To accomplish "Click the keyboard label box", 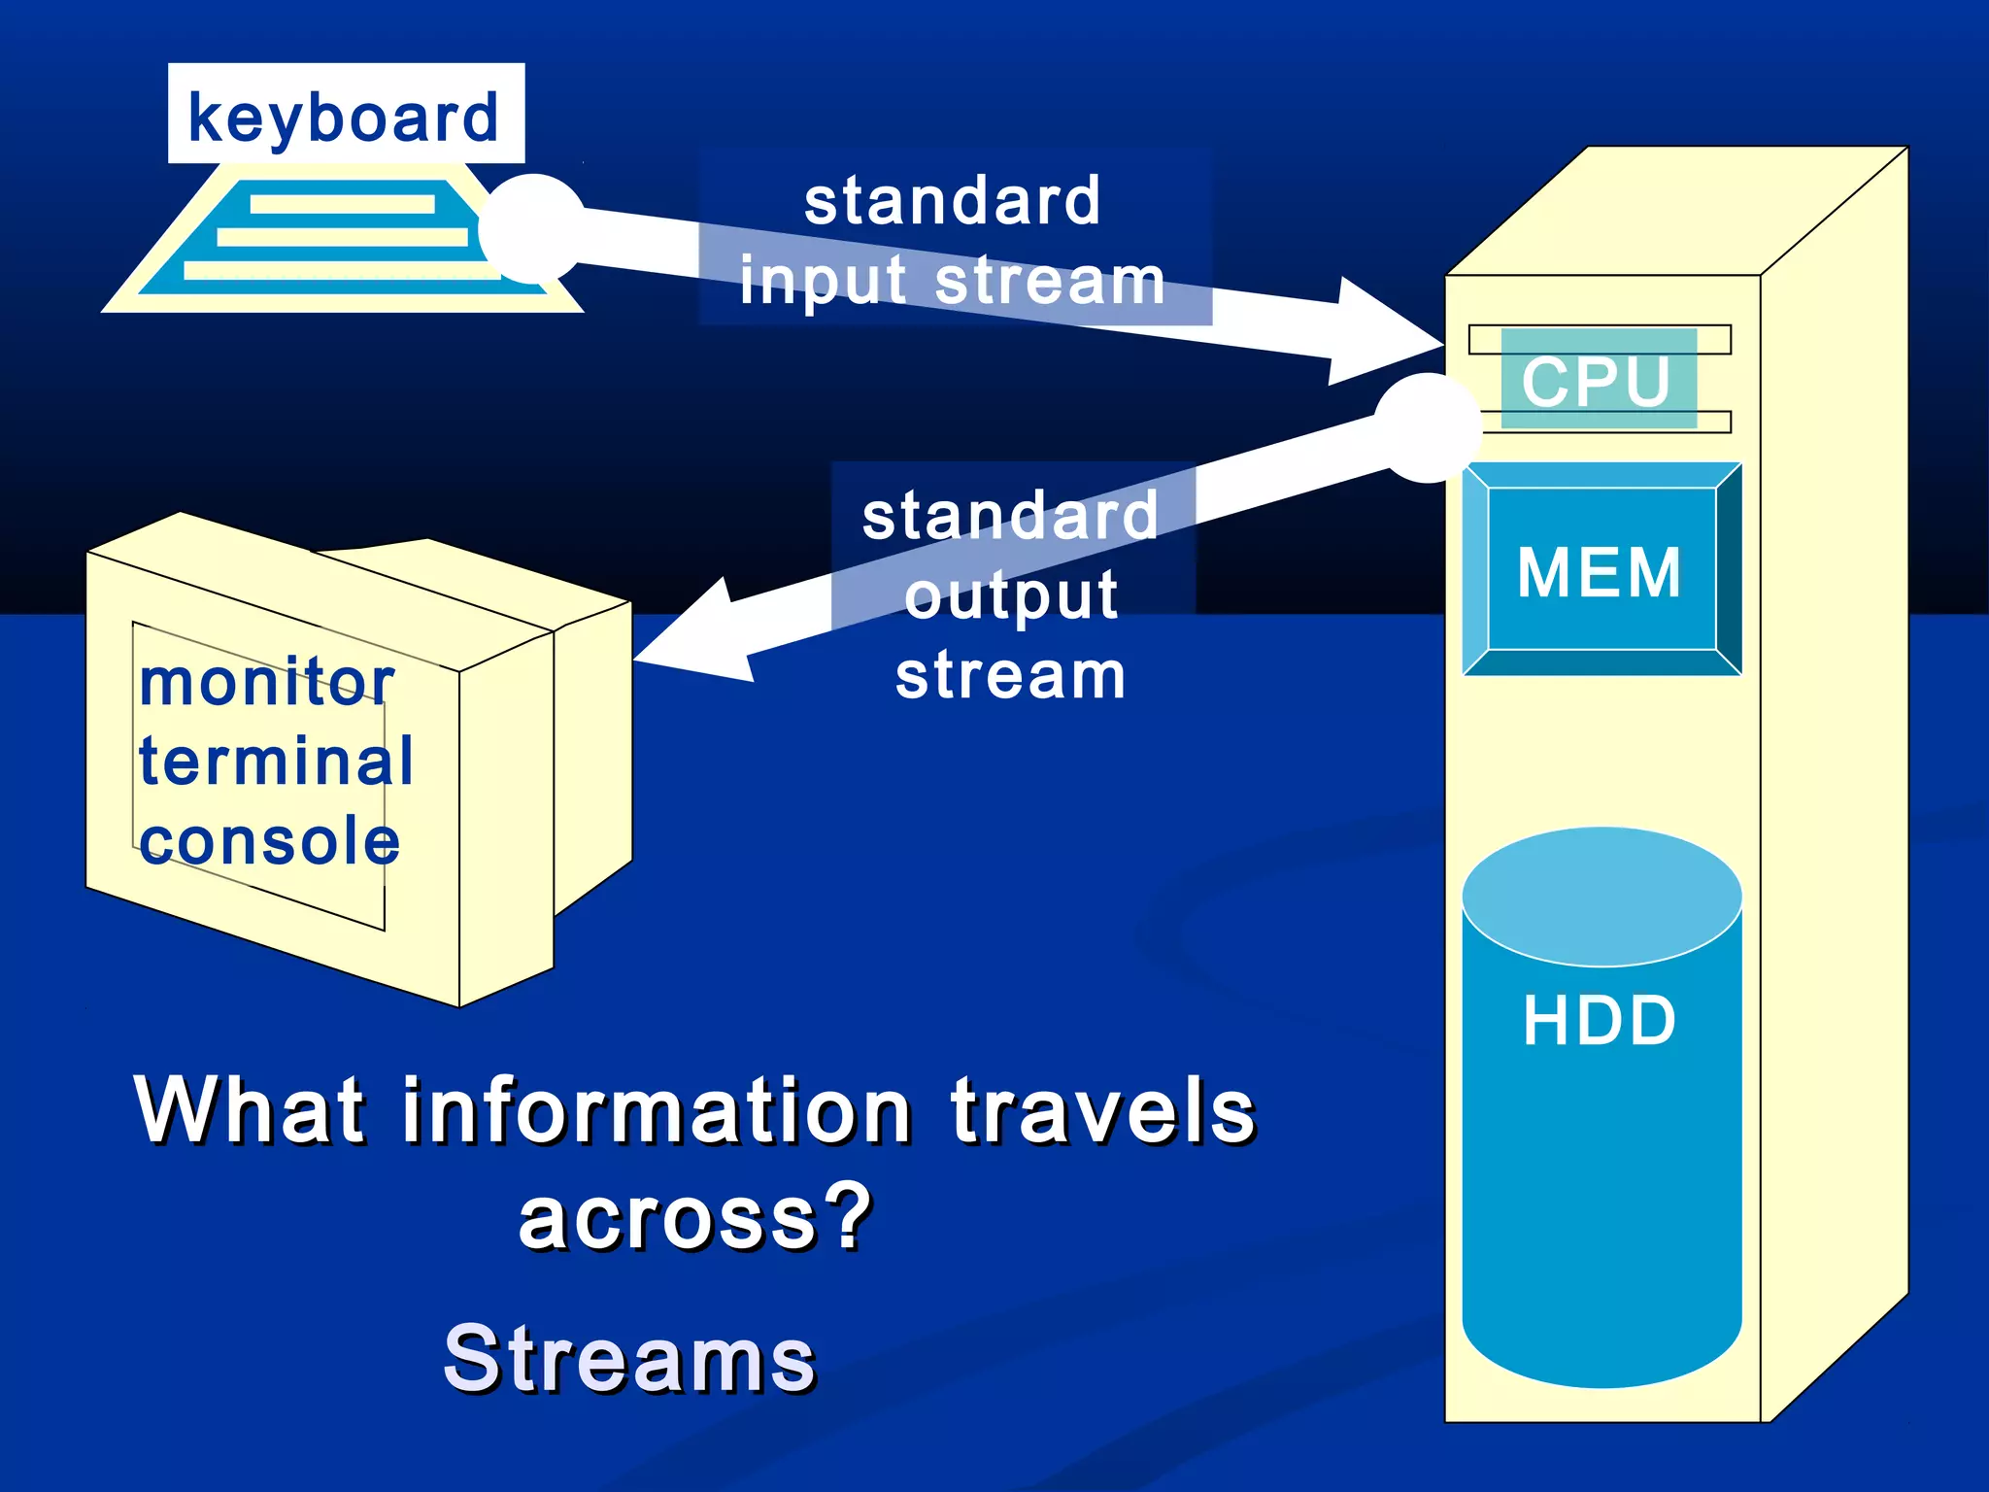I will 346,115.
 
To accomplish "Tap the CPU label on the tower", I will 1598,380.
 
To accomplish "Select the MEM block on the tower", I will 1601,570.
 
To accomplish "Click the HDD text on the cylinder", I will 1600,1020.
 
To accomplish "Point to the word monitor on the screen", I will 267,682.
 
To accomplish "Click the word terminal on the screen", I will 277,761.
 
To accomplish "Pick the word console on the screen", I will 270,841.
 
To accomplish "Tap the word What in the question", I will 252,1110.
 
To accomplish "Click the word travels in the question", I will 1103,1110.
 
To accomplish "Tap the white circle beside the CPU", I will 1427,427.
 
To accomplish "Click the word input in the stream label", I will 825,282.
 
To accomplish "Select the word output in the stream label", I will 1011,595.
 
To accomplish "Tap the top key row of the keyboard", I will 342,204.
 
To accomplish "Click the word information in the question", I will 657,1110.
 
